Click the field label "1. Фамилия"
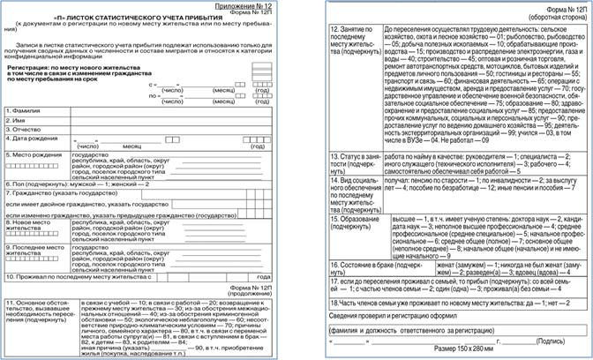(27, 135)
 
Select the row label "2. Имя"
(19, 146)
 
